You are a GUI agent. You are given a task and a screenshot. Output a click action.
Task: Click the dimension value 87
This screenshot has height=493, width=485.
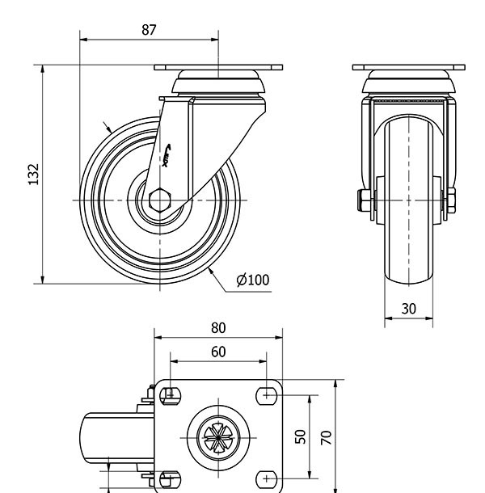click(148, 29)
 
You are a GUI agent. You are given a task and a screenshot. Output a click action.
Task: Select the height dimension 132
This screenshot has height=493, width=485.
click(33, 175)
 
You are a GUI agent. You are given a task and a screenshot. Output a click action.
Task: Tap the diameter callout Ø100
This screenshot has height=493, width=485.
click(253, 280)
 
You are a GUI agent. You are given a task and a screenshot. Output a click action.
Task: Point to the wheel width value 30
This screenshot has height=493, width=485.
click(408, 308)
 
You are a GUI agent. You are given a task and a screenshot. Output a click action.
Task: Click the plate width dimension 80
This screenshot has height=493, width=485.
click(218, 327)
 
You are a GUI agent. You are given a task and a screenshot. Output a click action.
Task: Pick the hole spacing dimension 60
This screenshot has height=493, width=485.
click(218, 352)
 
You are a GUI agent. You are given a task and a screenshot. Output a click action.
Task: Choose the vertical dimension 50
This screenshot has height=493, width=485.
click(300, 436)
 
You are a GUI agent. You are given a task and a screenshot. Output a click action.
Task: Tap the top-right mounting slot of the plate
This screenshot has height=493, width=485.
click(268, 395)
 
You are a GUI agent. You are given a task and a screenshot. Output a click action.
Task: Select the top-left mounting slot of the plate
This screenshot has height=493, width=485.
click(169, 395)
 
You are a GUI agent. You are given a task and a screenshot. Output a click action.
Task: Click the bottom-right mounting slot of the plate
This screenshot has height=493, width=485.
click(268, 480)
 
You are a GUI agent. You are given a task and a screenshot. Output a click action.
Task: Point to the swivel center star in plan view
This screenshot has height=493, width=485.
click(218, 437)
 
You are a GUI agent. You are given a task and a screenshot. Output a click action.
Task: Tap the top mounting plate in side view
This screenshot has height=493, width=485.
click(219, 68)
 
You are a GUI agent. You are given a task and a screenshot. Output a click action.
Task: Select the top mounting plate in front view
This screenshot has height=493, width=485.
click(408, 68)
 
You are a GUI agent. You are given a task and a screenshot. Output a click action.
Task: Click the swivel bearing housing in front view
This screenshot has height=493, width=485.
click(408, 84)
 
